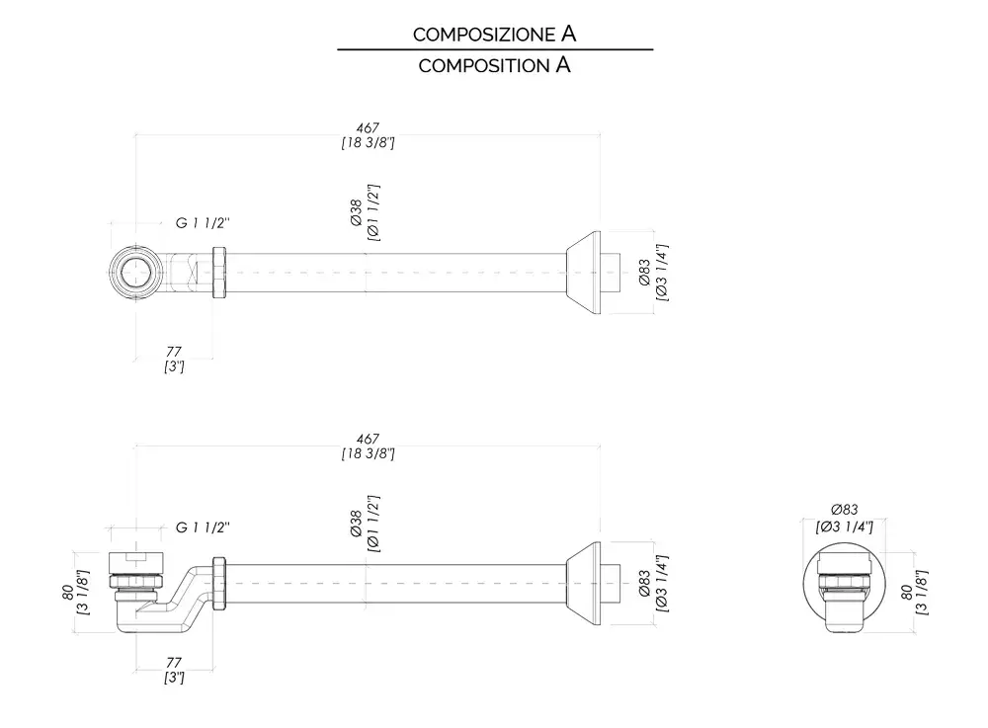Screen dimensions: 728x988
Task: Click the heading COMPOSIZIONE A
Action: pyautogui.click(x=494, y=34)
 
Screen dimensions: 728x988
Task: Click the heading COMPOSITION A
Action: pyautogui.click(x=494, y=66)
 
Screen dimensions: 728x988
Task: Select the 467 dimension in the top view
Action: pyautogui.click(x=368, y=128)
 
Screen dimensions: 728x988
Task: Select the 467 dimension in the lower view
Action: pyautogui.click(x=368, y=439)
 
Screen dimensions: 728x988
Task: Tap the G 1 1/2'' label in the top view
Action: pyautogui.click(x=203, y=223)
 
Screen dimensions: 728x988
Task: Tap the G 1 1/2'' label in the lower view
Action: pyautogui.click(x=203, y=527)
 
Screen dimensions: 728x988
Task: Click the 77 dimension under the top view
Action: pyautogui.click(x=174, y=351)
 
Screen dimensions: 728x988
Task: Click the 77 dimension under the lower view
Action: pyautogui.click(x=174, y=662)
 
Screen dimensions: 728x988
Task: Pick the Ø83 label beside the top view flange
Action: pyautogui.click(x=644, y=272)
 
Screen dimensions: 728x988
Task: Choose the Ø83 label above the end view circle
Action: pyautogui.click(x=844, y=509)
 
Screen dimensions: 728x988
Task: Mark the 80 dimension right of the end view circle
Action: pyautogui.click(x=908, y=591)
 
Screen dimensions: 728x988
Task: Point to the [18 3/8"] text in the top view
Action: pyautogui.click(x=368, y=143)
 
